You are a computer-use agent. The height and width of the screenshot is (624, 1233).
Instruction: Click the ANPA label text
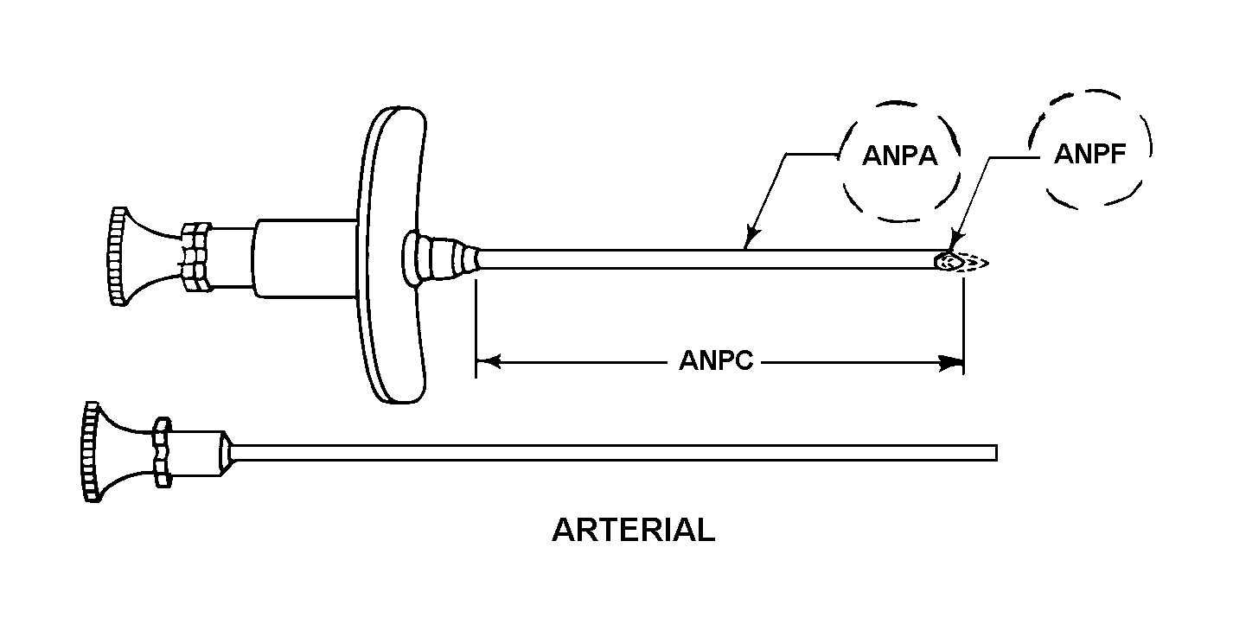coord(899,156)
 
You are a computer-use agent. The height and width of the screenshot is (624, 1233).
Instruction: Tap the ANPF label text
coord(1089,154)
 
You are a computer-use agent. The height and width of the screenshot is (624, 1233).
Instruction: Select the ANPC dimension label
coord(716,361)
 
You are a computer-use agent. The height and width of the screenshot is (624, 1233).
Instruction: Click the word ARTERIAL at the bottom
coord(633,530)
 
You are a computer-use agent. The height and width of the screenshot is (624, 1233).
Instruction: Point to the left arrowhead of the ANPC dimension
coord(488,362)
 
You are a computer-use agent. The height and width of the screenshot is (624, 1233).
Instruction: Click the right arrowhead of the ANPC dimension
coord(951,363)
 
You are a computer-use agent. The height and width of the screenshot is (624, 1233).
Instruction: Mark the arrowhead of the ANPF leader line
coord(955,243)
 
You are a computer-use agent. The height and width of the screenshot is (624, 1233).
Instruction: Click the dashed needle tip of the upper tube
coord(963,262)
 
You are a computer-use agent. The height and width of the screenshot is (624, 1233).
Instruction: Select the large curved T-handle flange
coord(392,255)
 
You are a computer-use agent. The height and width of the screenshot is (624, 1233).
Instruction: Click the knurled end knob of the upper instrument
coord(118,256)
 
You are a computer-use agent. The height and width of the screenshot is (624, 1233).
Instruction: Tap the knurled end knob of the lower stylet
coord(92,452)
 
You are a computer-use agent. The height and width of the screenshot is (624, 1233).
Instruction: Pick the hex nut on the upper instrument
coord(196,257)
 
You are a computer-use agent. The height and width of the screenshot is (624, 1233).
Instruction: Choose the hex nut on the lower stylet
coord(162,452)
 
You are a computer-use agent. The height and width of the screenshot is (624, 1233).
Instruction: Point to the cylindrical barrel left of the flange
coord(304,258)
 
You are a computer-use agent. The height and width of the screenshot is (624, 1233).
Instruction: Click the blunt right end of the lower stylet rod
coord(995,452)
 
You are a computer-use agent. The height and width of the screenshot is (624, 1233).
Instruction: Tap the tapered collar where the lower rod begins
coord(226,453)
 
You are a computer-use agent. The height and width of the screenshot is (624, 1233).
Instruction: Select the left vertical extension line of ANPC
coord(476,328)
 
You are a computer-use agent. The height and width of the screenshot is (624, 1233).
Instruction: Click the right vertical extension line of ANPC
coord(964,326)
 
